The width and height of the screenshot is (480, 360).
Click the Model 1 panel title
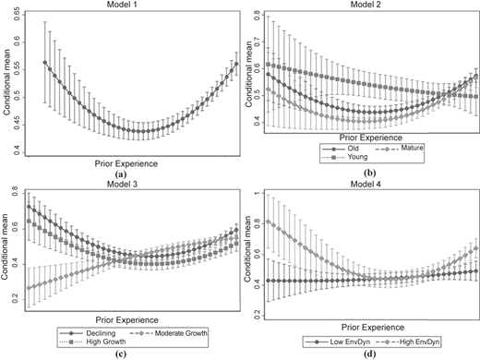pos(122,5)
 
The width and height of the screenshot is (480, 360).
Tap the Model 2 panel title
pos(366,5)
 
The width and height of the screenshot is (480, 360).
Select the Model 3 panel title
pos(122,184)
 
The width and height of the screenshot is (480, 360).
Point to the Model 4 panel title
pos(366,184)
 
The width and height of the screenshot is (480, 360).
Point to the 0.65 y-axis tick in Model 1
pos(17,14)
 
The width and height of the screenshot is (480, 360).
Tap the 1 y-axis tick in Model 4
pos(258,193)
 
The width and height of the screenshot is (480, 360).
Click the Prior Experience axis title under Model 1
pos(126,163)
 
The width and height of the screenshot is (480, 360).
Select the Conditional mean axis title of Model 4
pos(247,249)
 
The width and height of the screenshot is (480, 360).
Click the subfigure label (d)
pos(369,354)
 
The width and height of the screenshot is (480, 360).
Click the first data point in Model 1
pos(45,63)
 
